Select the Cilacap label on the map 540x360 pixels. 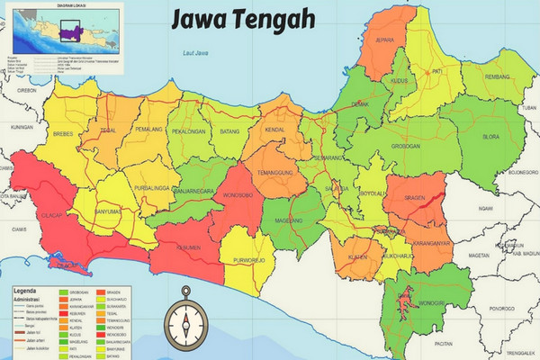coord(51,217)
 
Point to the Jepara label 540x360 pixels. coord(384,40)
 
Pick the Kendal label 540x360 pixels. coord(276,131)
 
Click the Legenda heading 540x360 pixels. coord(26,292)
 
